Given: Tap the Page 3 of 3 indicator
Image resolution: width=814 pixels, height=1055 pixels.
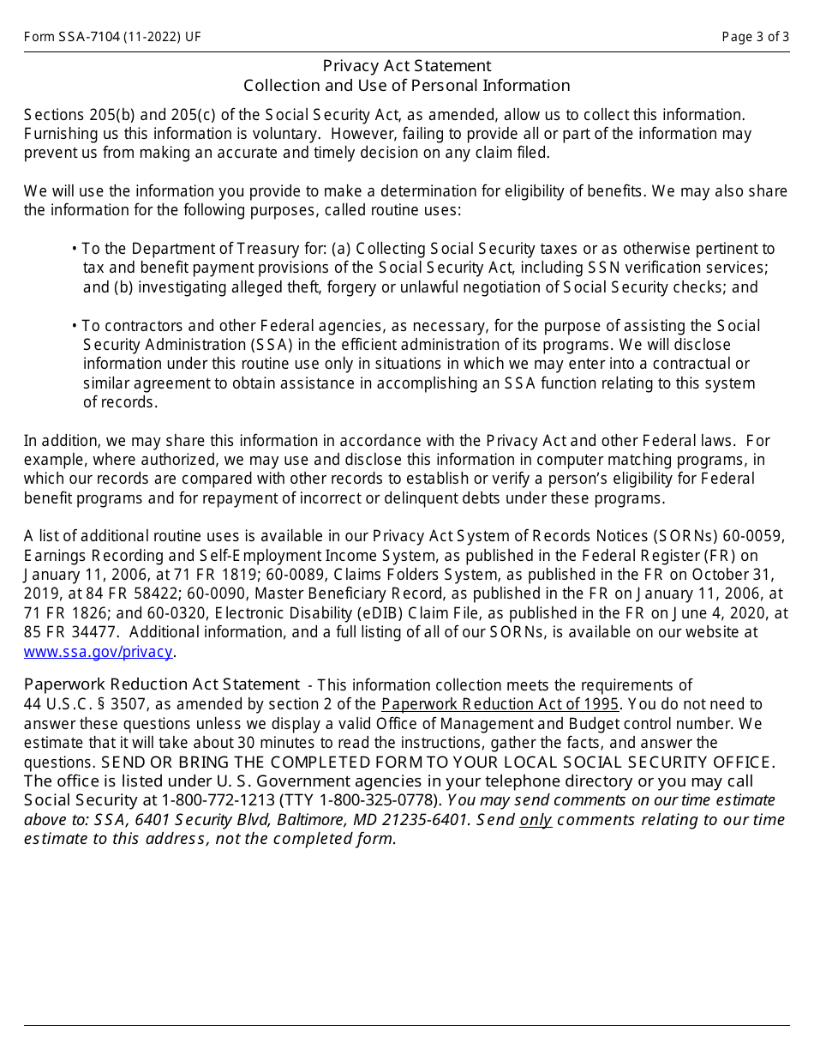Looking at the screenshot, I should pyautogui.click(x=755, y=37).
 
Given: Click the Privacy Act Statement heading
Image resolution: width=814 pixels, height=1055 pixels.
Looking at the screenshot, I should pyautogui.click(x=406, y=66).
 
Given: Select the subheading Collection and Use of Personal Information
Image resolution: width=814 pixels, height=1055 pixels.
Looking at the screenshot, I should pyautogui.click(x=406, y=86).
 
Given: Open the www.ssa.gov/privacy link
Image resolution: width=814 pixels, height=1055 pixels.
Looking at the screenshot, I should pyautogui.click(x=98, y=652).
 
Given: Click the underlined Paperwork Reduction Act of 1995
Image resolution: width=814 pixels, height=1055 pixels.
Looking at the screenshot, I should pyautogui.click(x=500, y=704).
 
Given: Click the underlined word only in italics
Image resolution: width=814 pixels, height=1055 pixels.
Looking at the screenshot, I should pyautogui.click(x=536, y=820).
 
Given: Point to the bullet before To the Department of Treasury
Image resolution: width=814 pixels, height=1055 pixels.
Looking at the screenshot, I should pyautogui.click(x=75, y=249).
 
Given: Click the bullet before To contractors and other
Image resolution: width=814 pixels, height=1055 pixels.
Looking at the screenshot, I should pyautogui.click(x=75, y=326).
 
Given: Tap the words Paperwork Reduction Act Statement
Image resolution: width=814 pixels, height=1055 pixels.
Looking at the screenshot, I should pyautogui.click(x=161, y=684).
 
